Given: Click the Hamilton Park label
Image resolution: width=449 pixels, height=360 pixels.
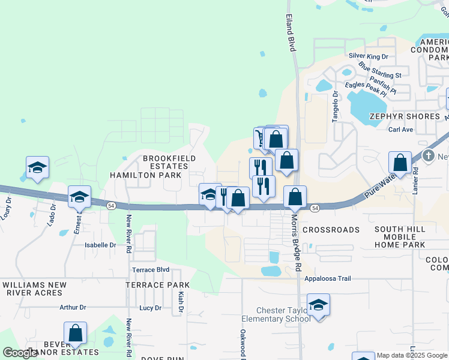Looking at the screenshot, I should point(145,175).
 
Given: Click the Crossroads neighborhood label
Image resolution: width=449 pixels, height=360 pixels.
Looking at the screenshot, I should point(331,230).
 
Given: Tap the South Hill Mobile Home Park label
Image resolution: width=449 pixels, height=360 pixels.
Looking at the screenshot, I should point(399,237).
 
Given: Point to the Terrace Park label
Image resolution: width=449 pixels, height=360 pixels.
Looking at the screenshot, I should point(157,285).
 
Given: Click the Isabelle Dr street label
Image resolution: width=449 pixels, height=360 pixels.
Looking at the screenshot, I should point(100,245).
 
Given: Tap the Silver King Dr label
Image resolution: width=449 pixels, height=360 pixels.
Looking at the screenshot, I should point(369,56).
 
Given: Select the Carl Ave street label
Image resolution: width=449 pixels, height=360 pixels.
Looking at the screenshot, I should point(400,129).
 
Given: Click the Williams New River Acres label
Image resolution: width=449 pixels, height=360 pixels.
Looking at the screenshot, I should point(32,289).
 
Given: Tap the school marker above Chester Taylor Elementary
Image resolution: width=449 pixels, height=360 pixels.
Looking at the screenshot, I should point(318,305).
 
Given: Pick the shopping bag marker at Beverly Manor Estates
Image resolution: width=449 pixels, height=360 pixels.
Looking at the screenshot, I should point(75,334).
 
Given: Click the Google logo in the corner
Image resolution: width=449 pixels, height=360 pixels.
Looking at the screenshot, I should point(20,353).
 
